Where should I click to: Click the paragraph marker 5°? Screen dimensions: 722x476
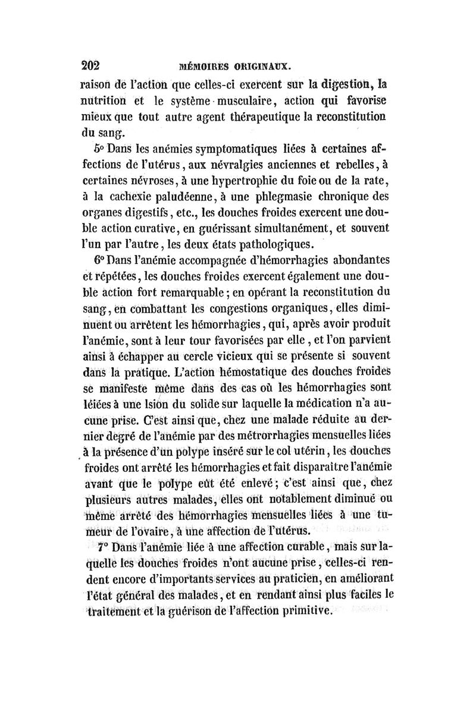[99, 147]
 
